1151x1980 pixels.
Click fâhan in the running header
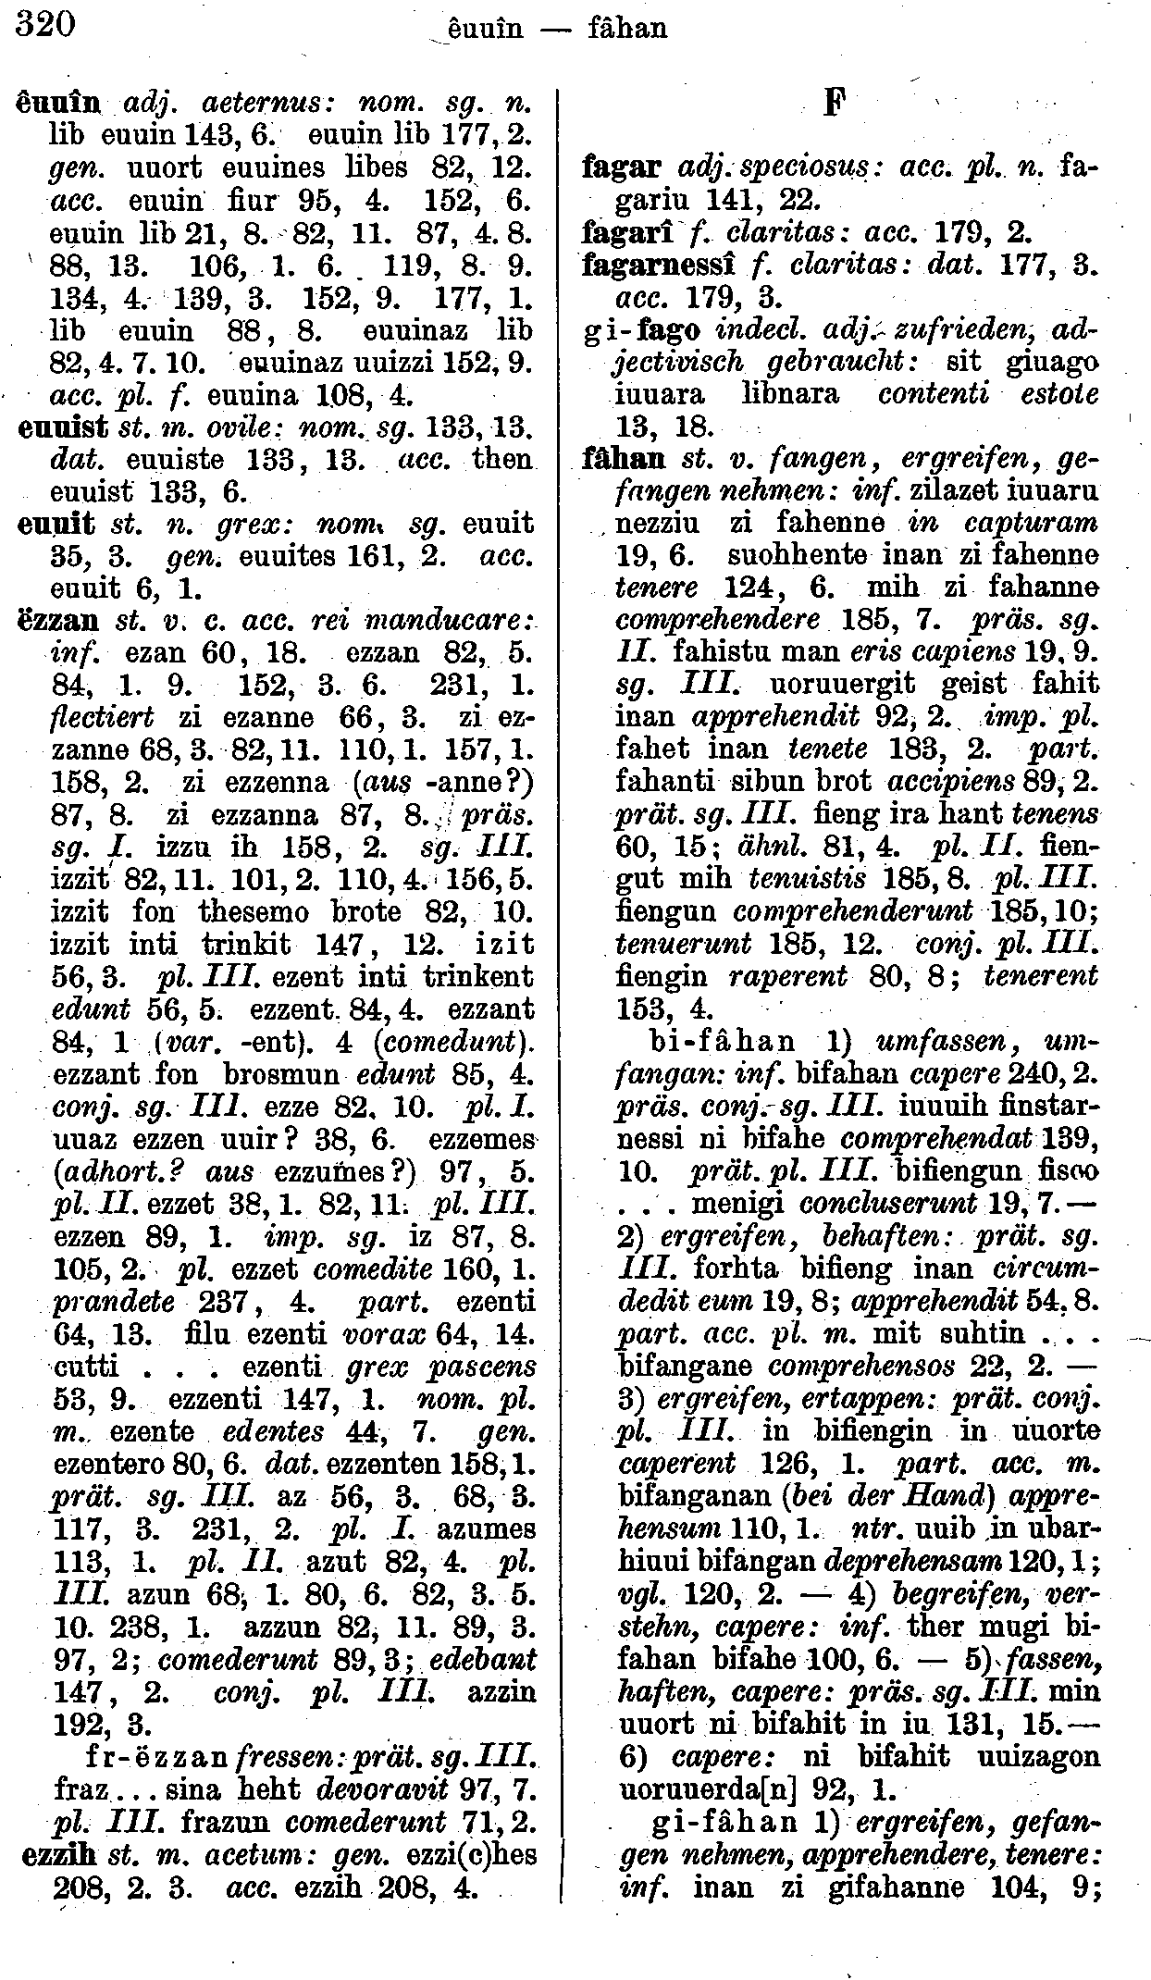pyautogui.click(x=627, y=30)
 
